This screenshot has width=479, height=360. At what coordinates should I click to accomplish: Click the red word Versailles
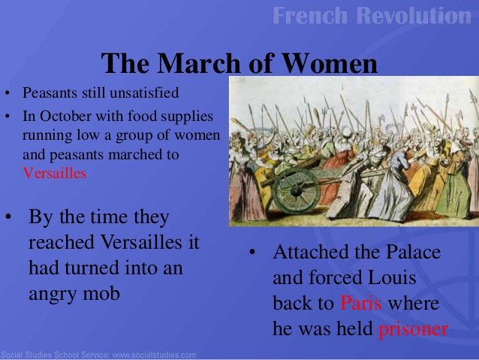(x=55, y=173)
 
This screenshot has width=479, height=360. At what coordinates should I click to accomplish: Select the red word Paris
(x=361, y=304)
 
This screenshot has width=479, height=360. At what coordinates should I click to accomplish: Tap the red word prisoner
(x=414, y=329)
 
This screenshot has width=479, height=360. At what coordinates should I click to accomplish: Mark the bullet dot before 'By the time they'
(x=8, y=218)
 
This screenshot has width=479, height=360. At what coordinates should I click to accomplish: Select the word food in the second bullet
(x=139, y=116)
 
